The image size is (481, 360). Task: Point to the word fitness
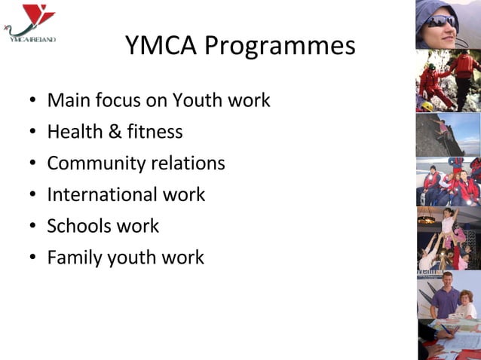click(x=155, y=132)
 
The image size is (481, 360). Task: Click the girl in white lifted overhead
click(x=448, y=223)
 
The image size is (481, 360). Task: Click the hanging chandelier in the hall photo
click(x=427, y=219)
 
